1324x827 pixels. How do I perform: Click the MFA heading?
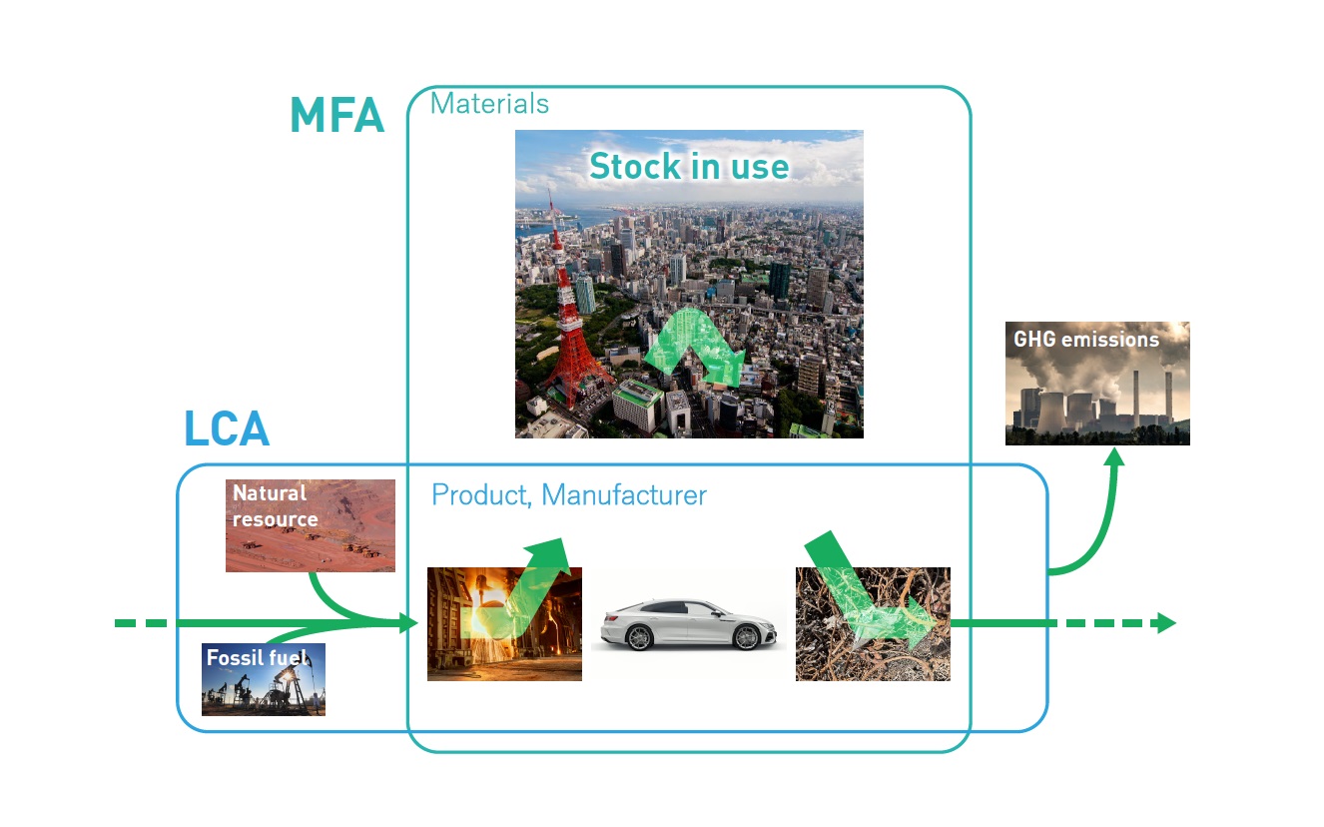[x=337, y=115]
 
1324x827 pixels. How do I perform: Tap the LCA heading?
[x=227, y=428]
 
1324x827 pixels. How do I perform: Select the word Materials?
[x=489, y=104]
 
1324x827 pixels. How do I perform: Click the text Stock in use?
[x=689, y=166]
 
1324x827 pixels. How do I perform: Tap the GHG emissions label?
[x=1086, y=340]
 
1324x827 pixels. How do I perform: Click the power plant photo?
[x=1097, y=384]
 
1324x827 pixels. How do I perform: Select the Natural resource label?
[x=275, y=506]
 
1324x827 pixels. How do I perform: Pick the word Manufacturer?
[x=624, y=494]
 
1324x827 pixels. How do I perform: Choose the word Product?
[x=481, y=495]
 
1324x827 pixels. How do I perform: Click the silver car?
[x=689, y=625]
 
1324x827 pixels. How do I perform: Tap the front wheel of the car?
[x=746, y=637]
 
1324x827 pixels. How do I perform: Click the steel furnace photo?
[x=504, y=624]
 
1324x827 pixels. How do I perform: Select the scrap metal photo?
[x=873, y=624]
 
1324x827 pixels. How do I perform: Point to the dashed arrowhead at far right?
[x=1167, y=623]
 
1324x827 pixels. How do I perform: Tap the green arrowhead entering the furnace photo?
[x=409, y=623]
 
